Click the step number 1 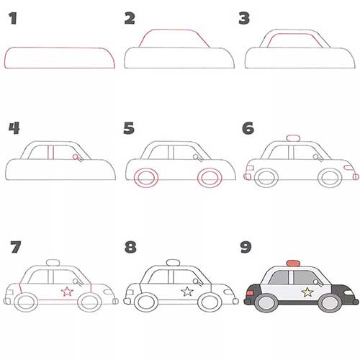coord(13,19)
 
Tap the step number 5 coord(129,128)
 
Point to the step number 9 coord(246,247)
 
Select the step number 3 coord(244,19)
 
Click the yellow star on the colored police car coord(307,292)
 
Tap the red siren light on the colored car coord(293,263)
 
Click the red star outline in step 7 coord(67,292)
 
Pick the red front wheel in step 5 coord(210,178)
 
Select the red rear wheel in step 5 coord(146,178)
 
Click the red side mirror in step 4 coord(77,158)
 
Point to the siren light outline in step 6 coord(293,138)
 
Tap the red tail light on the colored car coord(250,293)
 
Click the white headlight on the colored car coord(348,292)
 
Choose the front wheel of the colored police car coord(330,302)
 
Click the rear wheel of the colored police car coord(266,302)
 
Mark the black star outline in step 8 coord(187,292)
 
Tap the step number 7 coord(16,247)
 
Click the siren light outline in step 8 coord(174,263)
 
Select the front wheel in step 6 coord(330,178)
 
